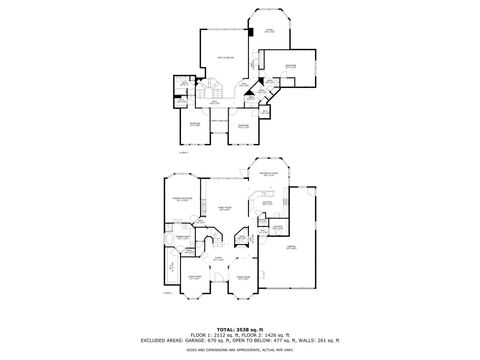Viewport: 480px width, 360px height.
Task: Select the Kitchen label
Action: pos(266,203)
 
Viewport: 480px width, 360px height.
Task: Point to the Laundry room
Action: pos(276,228)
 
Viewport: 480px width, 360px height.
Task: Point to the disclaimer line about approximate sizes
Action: pos(240,347)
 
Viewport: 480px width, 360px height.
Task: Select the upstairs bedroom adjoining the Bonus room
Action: pos(290,67)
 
